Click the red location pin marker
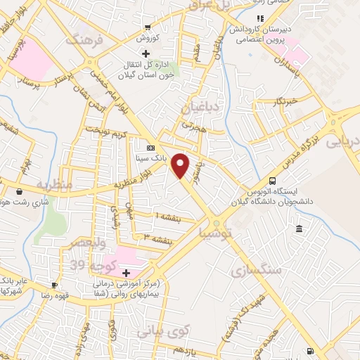tap(181, 165)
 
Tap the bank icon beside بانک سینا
tap(150, 148)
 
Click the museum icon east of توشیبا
tap(300, 229)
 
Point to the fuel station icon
tap(310, 352)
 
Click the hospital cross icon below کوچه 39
tap(126, 272)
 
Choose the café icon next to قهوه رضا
tap(54, 285)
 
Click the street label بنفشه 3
tap(157, 238)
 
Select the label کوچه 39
tap(89, 265)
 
